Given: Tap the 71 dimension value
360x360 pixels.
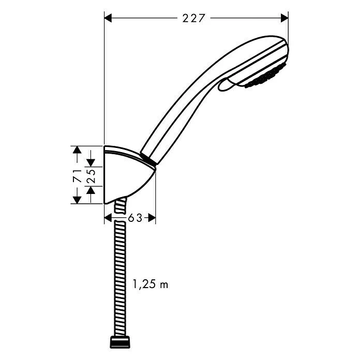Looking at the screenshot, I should click(77, 175).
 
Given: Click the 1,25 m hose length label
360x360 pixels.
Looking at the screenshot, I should click(151, 284).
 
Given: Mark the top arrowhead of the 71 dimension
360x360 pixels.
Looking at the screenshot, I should click(77, 150).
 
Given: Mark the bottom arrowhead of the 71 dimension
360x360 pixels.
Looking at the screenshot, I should click(77, 199).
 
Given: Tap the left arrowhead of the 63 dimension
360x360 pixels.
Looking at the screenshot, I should click(108, 218).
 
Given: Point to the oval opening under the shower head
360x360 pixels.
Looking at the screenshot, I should click(228, 84).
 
